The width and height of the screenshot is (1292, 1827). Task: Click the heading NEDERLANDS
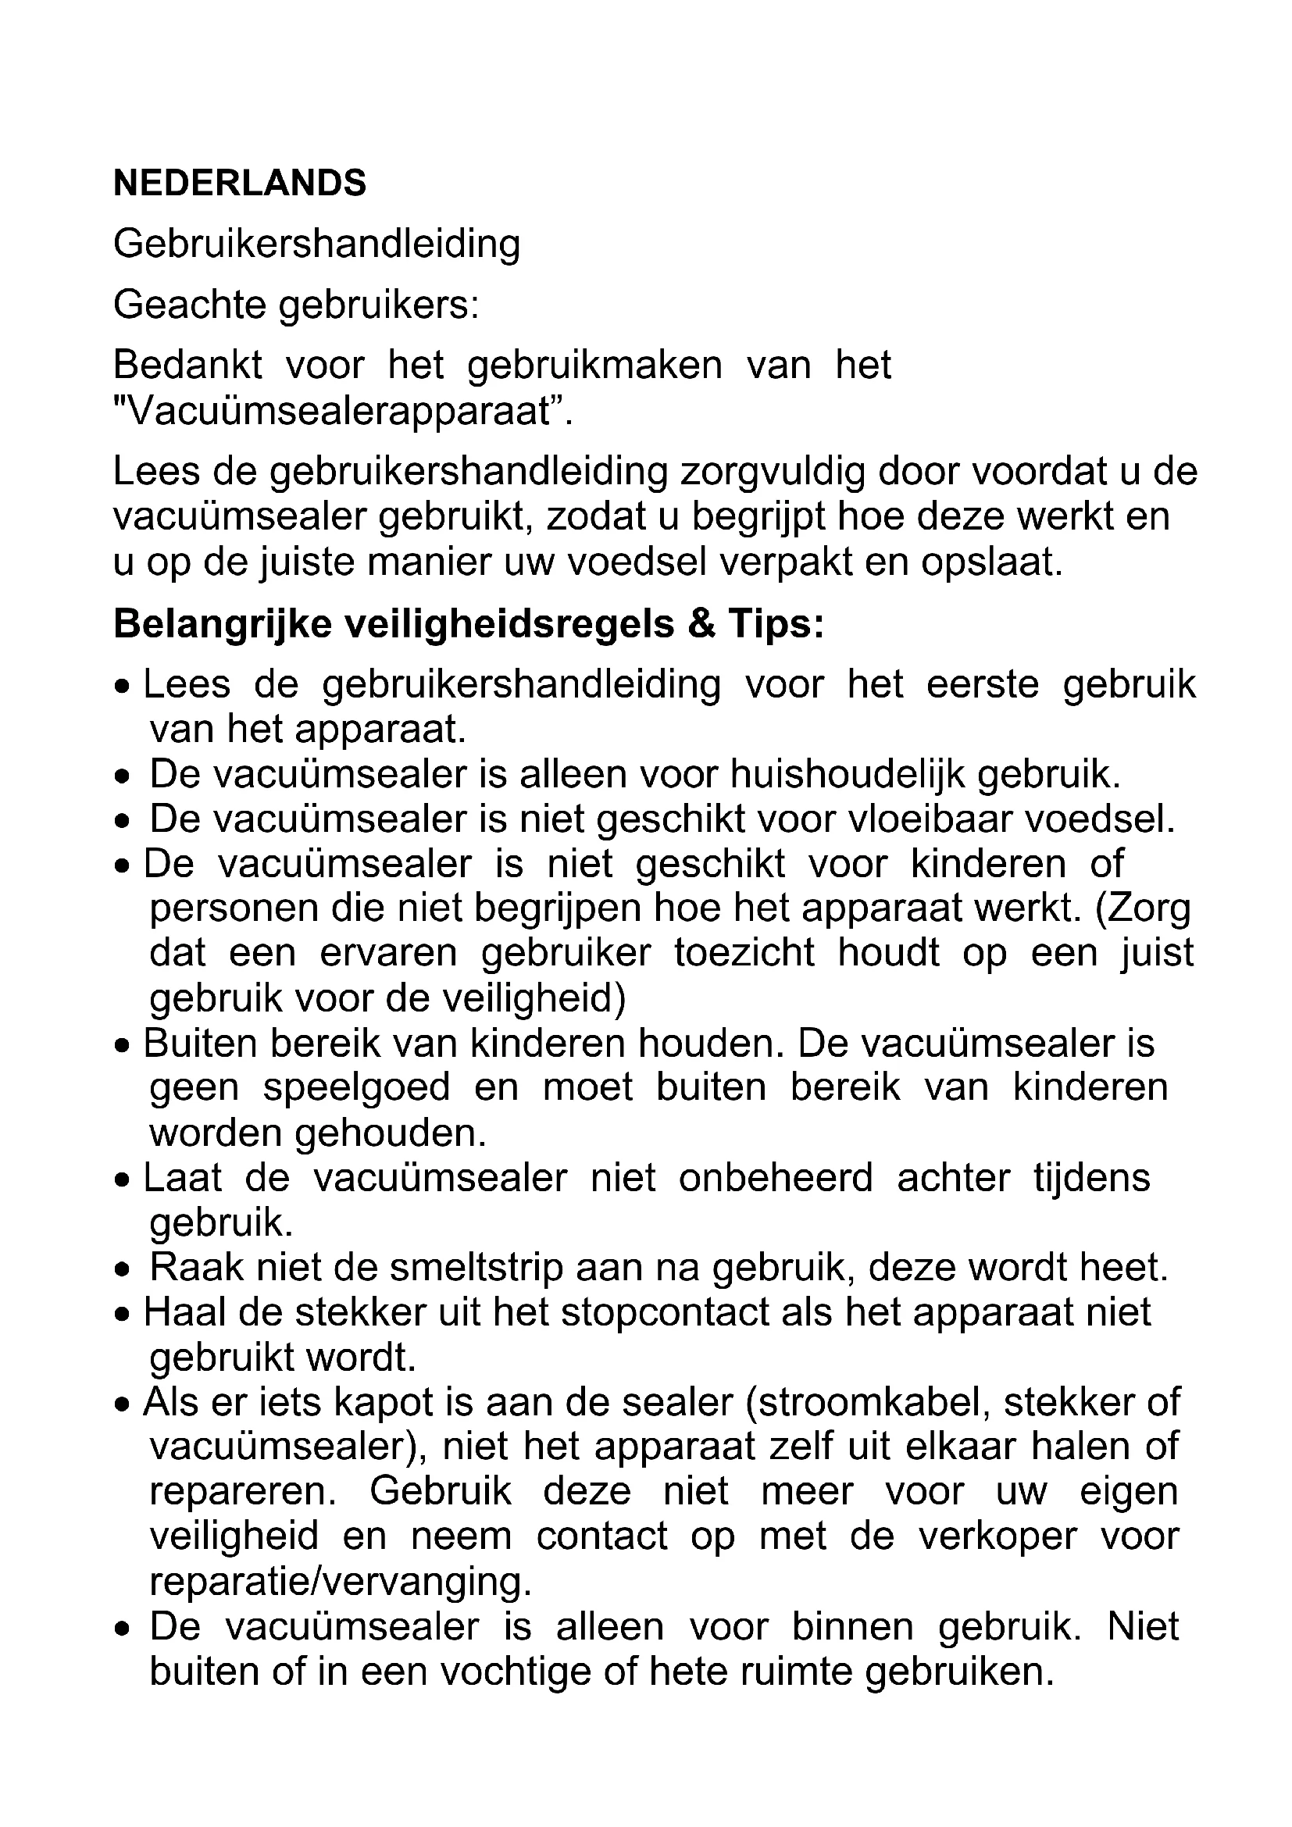point(240,184)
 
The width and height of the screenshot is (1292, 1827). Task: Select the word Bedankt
point(187,366)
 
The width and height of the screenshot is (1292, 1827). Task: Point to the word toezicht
point(744,953)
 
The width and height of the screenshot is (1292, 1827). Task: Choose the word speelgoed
point(356,1088)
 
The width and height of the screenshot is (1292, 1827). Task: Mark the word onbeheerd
point(776,1179)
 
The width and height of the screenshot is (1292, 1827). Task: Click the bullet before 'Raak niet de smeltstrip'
point(122,1271)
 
